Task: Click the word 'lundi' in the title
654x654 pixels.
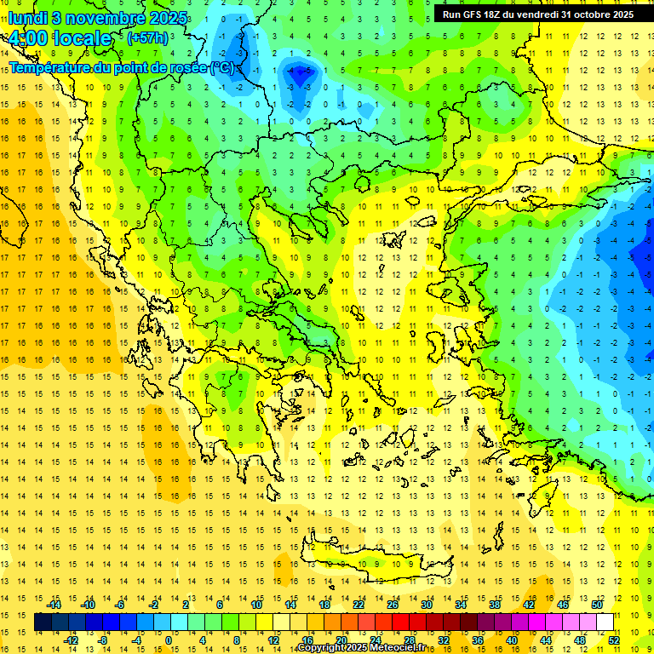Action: [28, 17]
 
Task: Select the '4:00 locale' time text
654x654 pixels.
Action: [60, 38]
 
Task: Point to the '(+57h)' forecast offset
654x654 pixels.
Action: [146, 38]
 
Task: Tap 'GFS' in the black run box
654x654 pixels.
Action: [470, 14]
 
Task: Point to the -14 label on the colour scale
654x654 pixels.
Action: [54, 605]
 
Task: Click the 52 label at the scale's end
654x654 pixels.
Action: [614, 640]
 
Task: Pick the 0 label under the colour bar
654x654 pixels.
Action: [169, 640]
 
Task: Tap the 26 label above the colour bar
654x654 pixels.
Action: [393, 605]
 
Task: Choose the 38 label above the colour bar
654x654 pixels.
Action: [495, 605]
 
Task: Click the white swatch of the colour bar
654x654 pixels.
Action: [605, 622]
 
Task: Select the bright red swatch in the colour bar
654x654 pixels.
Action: [401, 622]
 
